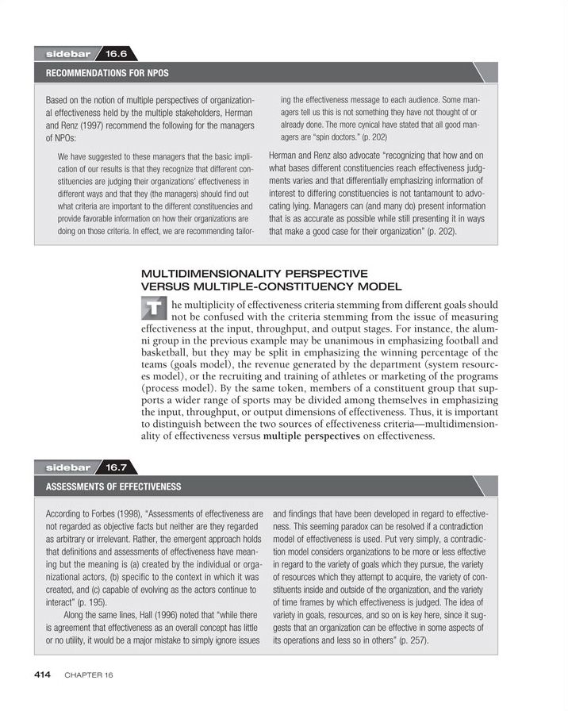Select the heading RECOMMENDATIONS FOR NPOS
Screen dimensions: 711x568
107,73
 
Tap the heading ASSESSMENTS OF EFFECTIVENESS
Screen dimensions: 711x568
113,486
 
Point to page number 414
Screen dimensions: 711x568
42,674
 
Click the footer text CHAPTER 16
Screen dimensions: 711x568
89,675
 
